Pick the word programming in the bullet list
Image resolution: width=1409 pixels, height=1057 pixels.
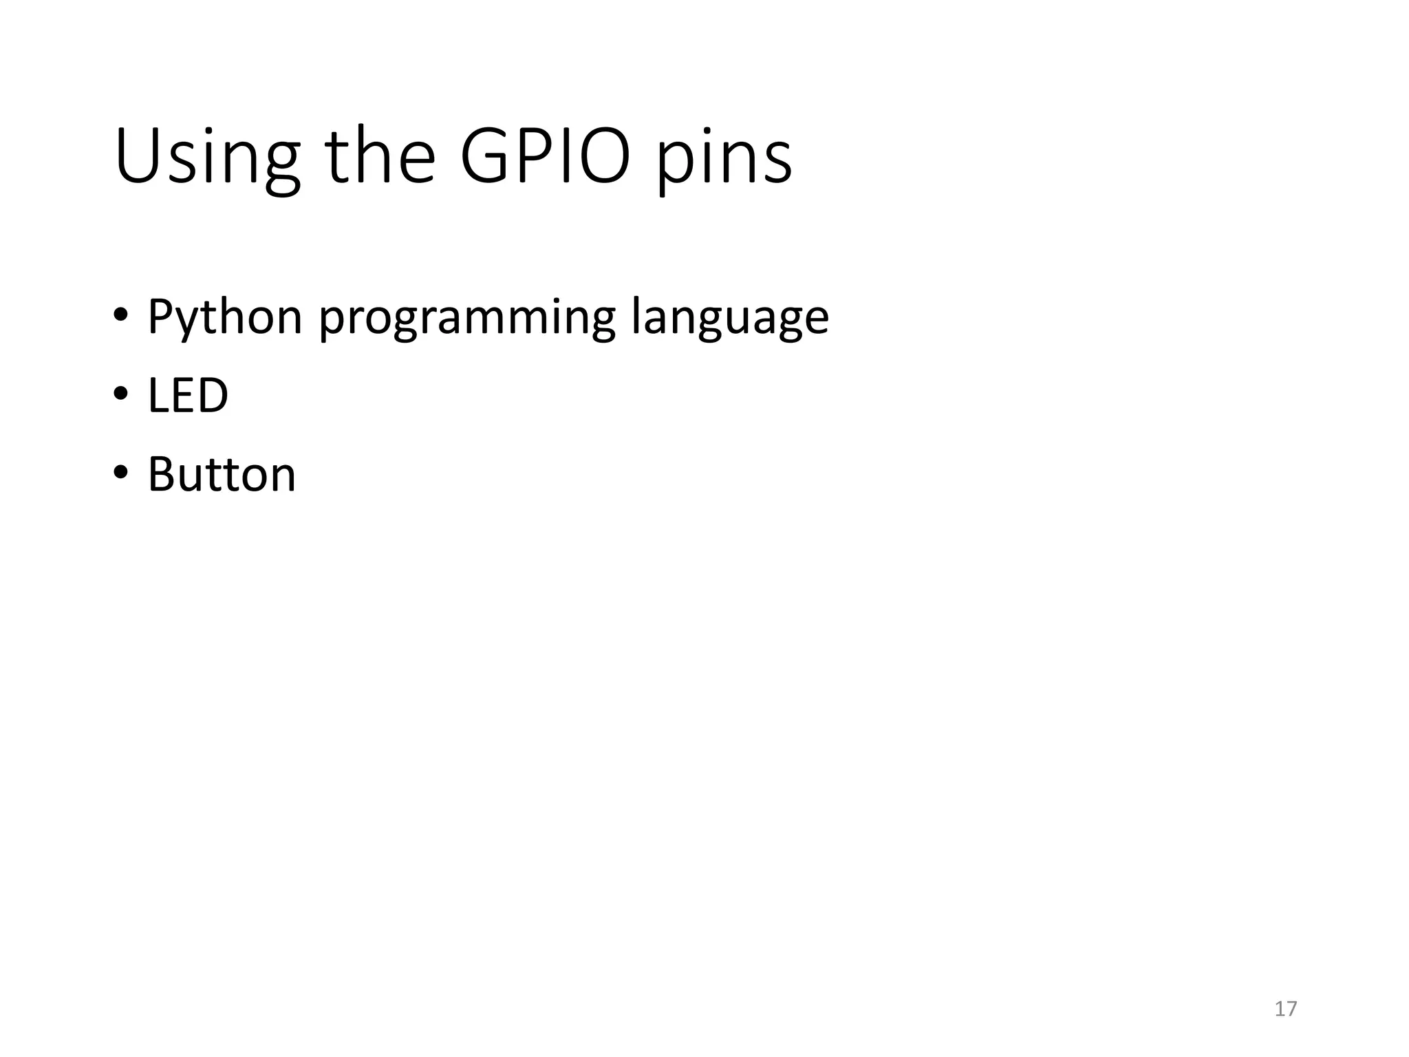click(467, 319)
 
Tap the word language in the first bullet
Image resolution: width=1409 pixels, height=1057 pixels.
click(730, 319)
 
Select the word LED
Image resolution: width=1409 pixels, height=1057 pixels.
click(187, 396)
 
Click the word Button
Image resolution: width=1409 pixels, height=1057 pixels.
click(222, 475)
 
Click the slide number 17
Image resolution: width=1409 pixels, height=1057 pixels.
click(1285, 1009)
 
